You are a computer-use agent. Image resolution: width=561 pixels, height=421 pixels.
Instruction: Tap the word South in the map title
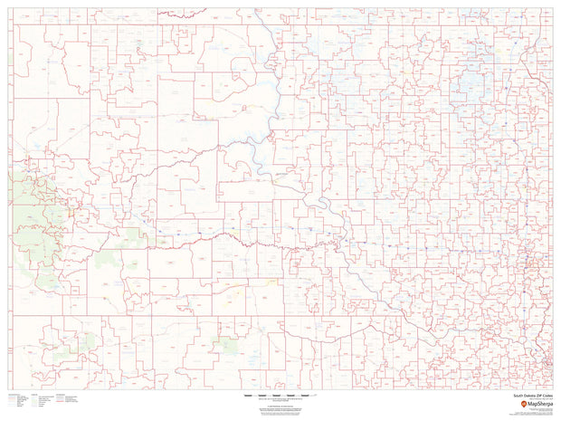(x=518, y=396)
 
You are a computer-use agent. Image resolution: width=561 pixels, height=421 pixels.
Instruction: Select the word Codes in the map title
(x=544, y=396)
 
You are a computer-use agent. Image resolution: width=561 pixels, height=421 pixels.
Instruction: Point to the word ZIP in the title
(x=535, y=396)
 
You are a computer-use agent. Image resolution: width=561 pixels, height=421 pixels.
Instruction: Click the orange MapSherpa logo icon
(x=517, y=402)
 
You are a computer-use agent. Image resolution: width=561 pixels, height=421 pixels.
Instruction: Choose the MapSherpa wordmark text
(x=535, y=402)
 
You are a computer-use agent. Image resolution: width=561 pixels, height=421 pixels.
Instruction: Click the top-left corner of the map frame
(x=9, y=9)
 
